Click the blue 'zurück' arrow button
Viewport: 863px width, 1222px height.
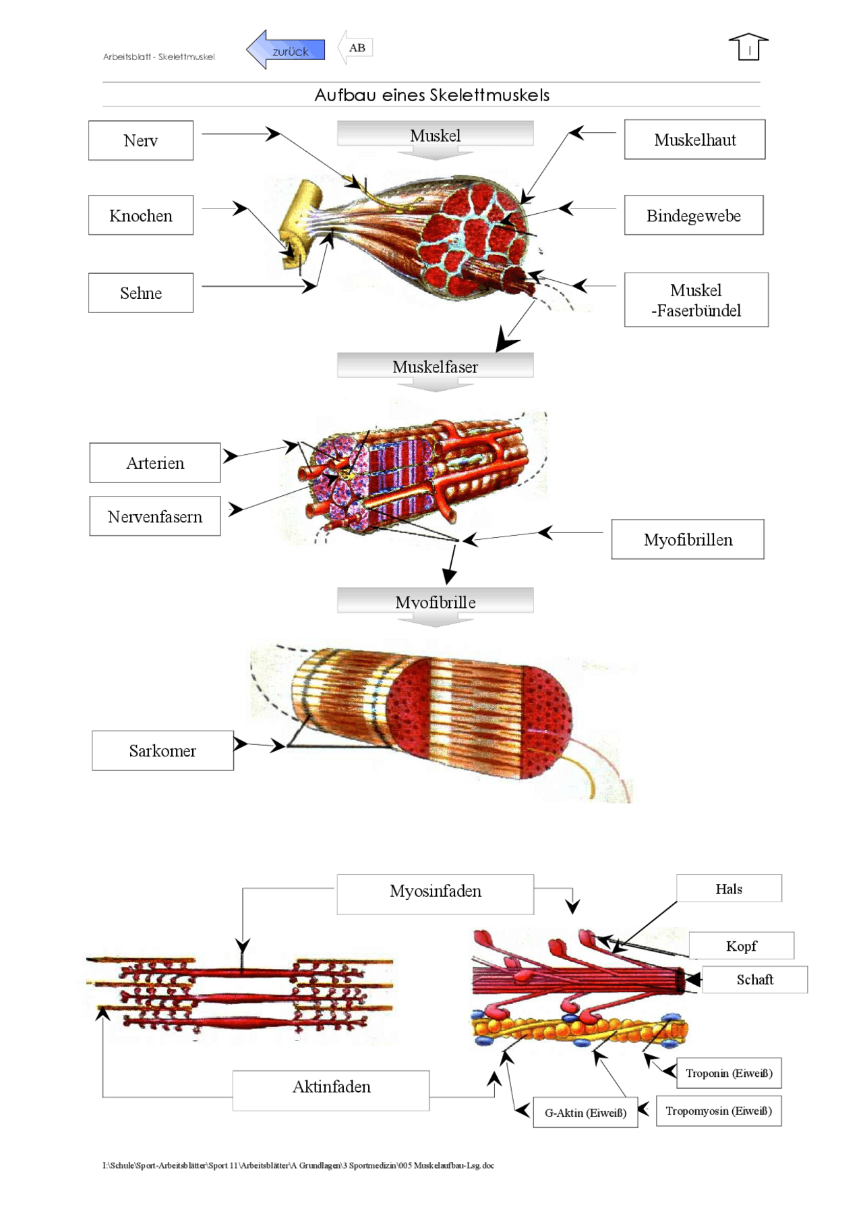click(286, 49)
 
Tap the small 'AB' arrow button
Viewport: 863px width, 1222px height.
click(355, 48)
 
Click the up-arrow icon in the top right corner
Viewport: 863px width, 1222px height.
click(748, 47)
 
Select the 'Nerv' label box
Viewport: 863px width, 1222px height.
click(140, 140)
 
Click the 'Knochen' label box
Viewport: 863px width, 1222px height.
click(140, 215)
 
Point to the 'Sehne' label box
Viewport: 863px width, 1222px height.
click(140, 293)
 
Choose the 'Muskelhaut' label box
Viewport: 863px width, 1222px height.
click(694, 140)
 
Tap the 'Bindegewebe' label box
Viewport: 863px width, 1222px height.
click(693, 215)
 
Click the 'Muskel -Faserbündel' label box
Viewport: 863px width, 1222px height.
click(696, 300)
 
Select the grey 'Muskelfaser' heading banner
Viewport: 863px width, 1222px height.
click(435, 366)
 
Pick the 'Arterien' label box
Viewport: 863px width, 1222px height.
click(154, 463)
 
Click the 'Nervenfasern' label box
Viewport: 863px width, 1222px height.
click(154, 516)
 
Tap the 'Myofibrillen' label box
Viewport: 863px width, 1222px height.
click(687, 539)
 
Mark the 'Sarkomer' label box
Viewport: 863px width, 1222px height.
click(162, 750)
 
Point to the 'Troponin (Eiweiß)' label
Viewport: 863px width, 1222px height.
click(728, 1073)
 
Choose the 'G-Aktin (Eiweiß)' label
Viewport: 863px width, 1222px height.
click(585, 1112)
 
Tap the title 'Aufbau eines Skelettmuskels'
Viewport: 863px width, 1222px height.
click(431, 95)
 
